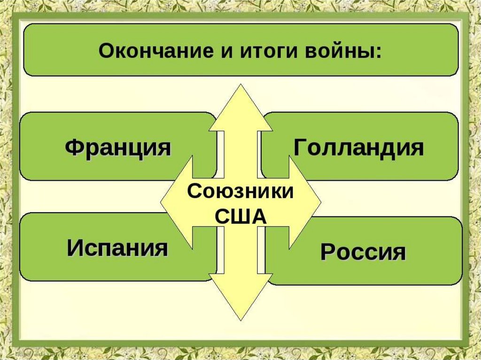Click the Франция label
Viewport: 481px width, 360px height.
coord(118,148)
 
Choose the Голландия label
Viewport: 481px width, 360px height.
coord(359,148)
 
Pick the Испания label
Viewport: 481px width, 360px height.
coord(117,247)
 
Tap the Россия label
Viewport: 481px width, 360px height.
coord(363,252)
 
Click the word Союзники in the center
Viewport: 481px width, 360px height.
coord(240,192)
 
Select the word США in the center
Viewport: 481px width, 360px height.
coord(240,217)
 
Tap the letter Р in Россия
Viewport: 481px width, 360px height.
coord(327,253)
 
